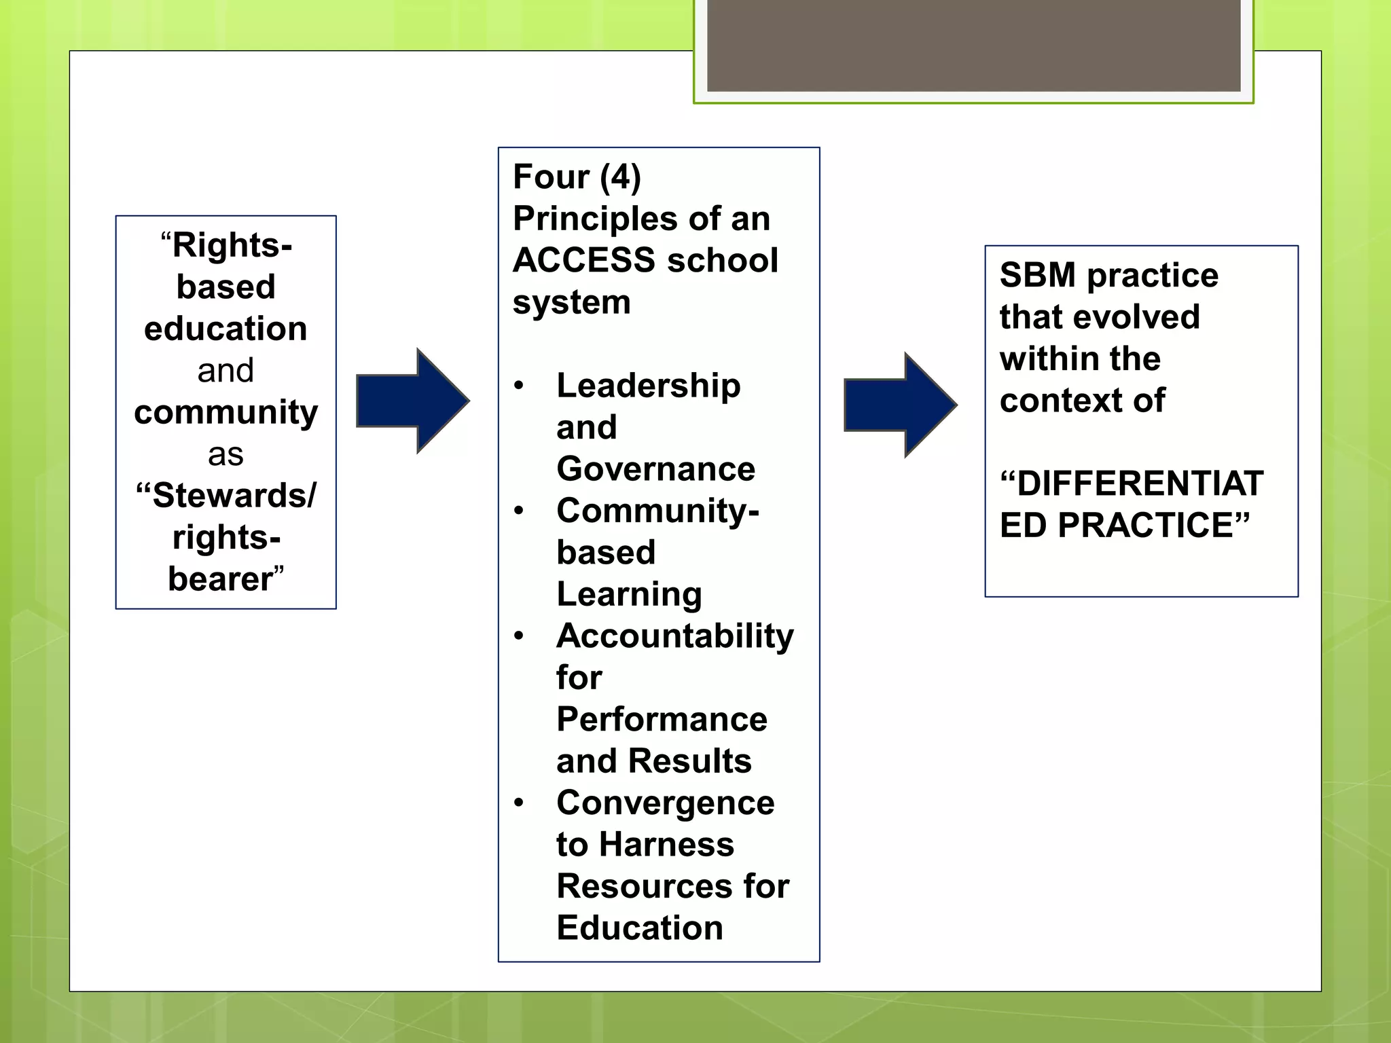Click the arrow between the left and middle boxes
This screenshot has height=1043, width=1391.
tap(412, 401)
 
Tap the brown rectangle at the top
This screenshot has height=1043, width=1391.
tap(973, 45)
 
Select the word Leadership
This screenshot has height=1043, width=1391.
tap(648, 386)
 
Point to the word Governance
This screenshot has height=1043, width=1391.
tap(655, 469)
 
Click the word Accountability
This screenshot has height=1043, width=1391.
tap(674, 636)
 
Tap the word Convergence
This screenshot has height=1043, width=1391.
tap(665, 803)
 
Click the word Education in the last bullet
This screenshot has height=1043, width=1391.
tap(639, 928)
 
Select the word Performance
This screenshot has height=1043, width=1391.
tap(662, 720)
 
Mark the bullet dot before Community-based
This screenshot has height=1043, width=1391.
tap(519, 511)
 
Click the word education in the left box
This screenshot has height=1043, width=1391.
tap(225, 329)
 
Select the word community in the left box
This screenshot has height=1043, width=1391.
tap(225, 413)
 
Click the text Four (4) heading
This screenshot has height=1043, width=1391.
tap(577, 177)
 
